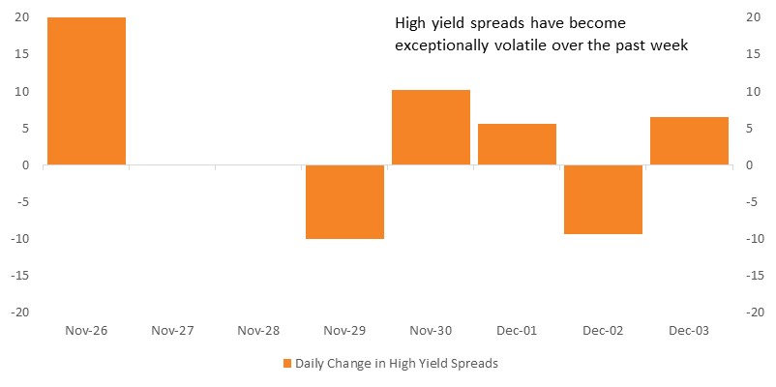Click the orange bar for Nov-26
click(x=87, y=91)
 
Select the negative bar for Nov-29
click(x=345, y=202)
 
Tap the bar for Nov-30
click(x=431, y=127)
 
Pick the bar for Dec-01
click(x=517, y=144)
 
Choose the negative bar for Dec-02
click(x=603, y=199)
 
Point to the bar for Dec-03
click(x=689, y=141)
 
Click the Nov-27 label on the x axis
click(x=172, y=331)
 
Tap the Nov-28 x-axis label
click(x=258, y=331)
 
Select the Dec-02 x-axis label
click(x=603, y=331)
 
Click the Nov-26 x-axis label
click(x=86, y=331)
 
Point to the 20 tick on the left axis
click(x=21, y=17)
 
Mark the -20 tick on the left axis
click(x=19, y=313)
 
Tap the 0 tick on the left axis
click(x=24, y=165)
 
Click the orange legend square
click(x=287, y=364)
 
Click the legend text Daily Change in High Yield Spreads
click(x=396, y=364)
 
